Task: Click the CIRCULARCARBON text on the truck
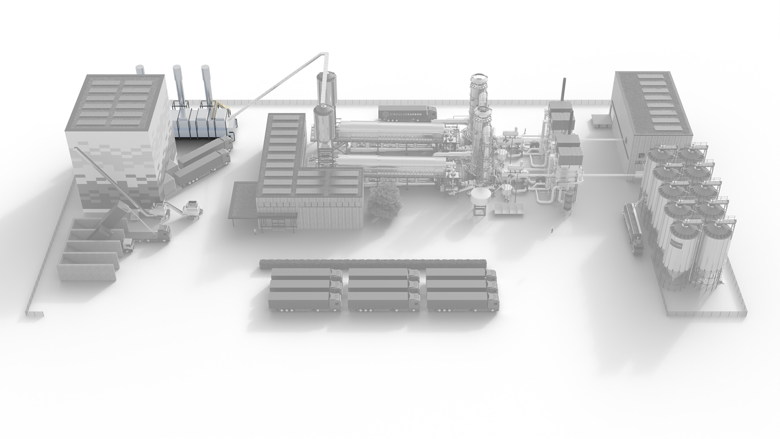(404, 115)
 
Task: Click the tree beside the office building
(383, 200)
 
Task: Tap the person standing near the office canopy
(255, 232)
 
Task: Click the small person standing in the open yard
(552, 230)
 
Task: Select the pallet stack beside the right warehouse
(600, 121)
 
